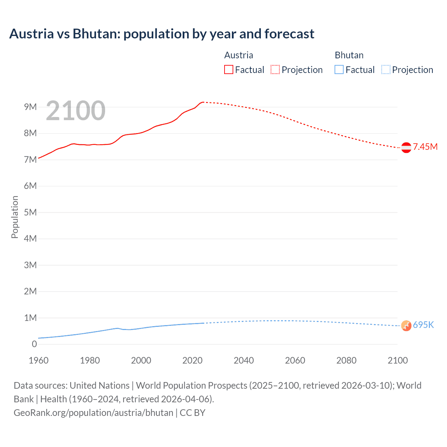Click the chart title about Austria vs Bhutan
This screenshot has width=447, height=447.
click(x=162, y=34)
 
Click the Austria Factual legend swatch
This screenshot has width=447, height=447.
click(x=229, y=69)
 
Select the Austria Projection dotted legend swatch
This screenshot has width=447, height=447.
click(x=275, y=69)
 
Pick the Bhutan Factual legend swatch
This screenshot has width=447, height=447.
click(x=339, y=69)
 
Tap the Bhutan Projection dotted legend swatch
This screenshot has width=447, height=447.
click(x=386, y=69)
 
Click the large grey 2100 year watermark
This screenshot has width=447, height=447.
click(x=75, y=111)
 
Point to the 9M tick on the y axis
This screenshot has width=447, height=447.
click(x=30, y=107)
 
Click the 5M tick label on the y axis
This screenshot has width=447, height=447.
click(x=30, y=212)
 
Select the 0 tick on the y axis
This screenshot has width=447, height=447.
click(x=34, y=344)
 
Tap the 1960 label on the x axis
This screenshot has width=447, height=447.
click(x=38, y=360)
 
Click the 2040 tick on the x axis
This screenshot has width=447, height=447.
click(x=244, y=360)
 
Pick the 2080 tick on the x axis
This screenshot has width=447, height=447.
click(x=346, y=360)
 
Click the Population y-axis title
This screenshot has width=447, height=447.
click(x=15, y=217)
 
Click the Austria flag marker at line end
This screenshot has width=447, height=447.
click(x=406, y=148)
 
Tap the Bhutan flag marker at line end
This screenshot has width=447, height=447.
click(x=406, y=325)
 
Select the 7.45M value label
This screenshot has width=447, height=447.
click(x=425, y=147)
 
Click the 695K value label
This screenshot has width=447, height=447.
click(x=423, y=325)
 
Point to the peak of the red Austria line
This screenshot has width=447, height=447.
click(x=203, y=102)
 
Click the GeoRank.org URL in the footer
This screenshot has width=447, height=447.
click(x=93, y=412)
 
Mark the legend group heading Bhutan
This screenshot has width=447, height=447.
click(x=349, y=55)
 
